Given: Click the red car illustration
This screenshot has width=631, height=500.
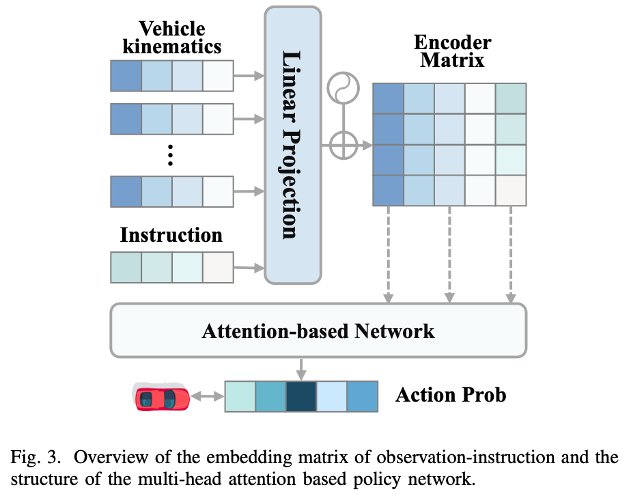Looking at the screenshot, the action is pos(161,397).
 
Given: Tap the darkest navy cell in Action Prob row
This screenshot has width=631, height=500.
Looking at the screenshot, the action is pos(301,397).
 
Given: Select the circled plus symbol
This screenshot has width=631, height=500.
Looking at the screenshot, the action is pos(343,145).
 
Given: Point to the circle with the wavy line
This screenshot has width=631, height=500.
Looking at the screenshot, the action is pos(343,87).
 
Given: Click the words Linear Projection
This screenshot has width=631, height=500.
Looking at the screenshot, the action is pos(292,145).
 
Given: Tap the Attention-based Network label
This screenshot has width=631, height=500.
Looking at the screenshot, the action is pos(318,331).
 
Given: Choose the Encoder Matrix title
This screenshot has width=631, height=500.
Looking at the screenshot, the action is pos(452,51).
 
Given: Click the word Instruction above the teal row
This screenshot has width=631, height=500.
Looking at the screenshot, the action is pos(171,235).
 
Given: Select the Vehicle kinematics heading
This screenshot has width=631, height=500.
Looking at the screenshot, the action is pos(172,38).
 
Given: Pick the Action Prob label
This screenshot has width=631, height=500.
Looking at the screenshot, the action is pos(451,395).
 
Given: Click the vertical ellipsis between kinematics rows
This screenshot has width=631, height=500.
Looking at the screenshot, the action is pos(170,155).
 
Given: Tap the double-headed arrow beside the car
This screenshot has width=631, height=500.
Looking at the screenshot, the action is pos(207,397).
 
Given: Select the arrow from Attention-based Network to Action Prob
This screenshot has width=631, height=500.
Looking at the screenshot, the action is pos(301,369).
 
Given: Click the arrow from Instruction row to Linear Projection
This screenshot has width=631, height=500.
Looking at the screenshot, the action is pos(249,268).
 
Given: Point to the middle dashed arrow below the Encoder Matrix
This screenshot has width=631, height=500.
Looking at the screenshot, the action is pos(449,254).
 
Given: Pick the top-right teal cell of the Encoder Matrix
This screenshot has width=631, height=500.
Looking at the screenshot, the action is pos(511,98).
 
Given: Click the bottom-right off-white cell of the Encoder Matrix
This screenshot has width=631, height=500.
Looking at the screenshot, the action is pos(511,191).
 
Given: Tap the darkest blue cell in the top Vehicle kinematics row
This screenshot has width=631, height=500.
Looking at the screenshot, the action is pos(126,76).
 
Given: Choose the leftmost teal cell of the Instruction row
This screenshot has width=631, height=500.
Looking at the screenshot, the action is pos(126,267).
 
